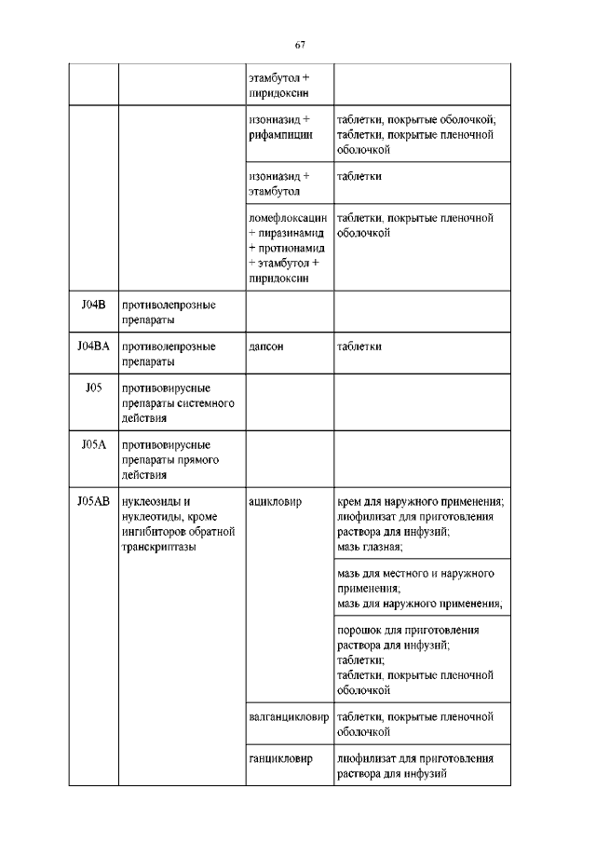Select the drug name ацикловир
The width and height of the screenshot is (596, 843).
click(x=275, y=501)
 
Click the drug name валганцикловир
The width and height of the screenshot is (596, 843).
click(x=289, y=717)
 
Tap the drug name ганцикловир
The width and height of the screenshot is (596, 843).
click(x=278, y=759)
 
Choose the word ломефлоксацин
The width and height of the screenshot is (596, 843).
click(x=289, y=218)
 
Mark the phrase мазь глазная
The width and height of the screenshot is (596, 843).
click(x=368, y=546)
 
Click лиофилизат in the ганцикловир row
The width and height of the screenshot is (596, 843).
click(x=368, y=759)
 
